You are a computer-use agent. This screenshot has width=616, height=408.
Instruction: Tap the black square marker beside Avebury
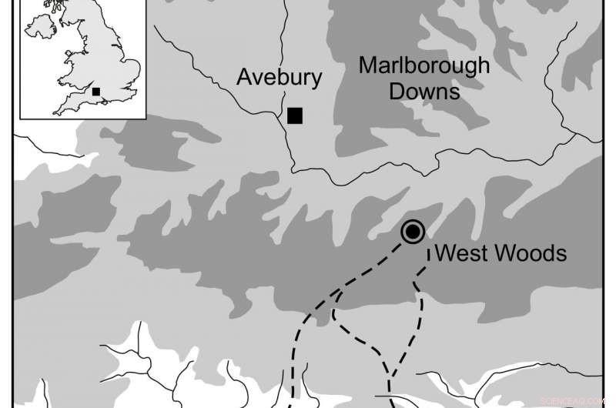pos(295,116)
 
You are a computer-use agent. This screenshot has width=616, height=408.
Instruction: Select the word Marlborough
pos(423,65)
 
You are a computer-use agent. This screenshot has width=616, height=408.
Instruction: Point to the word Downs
pos(424,92)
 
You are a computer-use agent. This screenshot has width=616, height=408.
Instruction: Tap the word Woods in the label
pos(530,253)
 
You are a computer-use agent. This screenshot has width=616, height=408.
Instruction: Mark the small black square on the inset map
pos(95,92)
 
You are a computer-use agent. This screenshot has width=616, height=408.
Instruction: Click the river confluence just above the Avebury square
pos(280,115)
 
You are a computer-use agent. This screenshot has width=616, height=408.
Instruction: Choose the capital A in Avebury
pos(245,78)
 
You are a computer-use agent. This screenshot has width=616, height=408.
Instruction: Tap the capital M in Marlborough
pos(368,65)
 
